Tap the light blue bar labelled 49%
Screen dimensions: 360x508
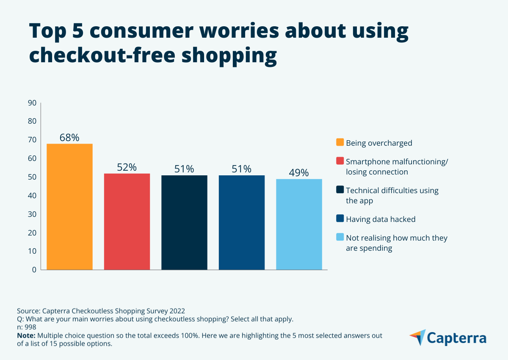(x=299, y=224)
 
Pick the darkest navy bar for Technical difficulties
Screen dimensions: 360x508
(x=184, y=222)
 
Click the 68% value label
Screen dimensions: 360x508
(x=69, y=138)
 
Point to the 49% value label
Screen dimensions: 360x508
(x=299, y=173)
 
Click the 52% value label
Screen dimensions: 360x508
(x=127, y=167)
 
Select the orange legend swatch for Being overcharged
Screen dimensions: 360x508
(x=340, y=142)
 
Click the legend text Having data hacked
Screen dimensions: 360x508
(x=381, y=219)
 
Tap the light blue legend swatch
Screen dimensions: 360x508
(x=340, y=238)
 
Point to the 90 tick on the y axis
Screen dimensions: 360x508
(x=32, y=102)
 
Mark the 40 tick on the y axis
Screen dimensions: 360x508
(x=32, y=196)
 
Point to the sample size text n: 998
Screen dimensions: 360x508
(x=27, y=327)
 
